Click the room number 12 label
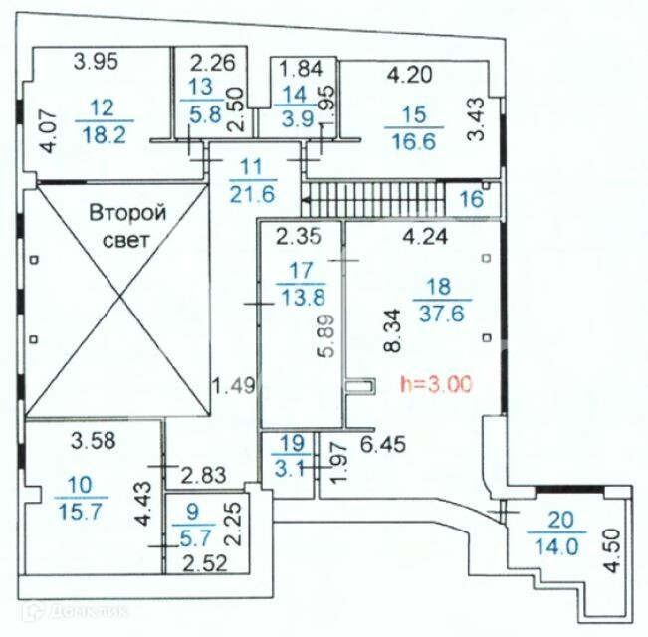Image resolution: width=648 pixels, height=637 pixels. click(x=100, y=106)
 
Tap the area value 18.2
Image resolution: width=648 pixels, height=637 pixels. click(x=103, y=135)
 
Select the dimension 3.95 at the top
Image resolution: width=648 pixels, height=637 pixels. click(x=97, y=61)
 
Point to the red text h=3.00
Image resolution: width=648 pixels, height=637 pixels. click(x=434, y=381)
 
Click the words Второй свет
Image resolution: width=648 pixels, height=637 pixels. click(x=127, y=226)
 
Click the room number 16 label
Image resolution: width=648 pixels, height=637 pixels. click(x=470, y=199)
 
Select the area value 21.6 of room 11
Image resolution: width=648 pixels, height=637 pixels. click(x=240, y=191)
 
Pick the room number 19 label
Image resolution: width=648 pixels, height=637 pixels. click(x=290, y=444)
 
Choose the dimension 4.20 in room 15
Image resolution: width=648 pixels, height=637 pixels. click(x=408, y=74)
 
